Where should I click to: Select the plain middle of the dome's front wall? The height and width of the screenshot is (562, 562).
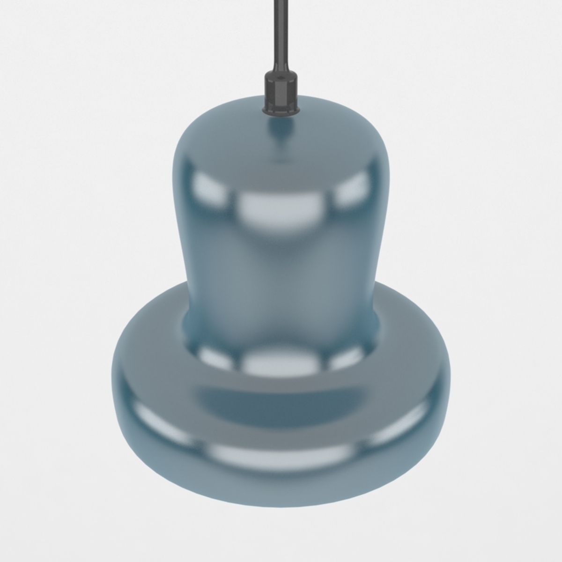(x=281, y=272)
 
